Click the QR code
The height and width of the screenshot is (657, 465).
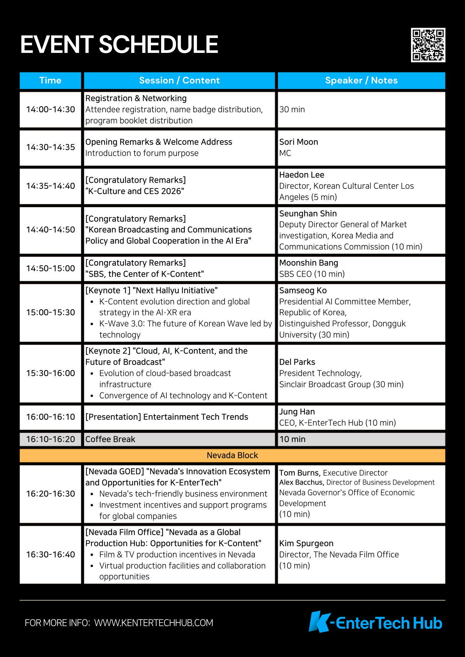428,45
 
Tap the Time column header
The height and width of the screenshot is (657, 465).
50,80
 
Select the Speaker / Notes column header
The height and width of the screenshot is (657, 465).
361,80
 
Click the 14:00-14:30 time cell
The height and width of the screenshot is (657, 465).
50,109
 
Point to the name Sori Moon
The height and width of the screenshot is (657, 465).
299,142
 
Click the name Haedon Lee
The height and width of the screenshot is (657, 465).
302,175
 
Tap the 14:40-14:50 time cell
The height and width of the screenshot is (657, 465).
50,230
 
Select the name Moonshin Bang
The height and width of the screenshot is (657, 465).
308,263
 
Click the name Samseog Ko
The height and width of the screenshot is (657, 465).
303,290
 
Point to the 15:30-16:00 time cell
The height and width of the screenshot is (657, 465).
50,373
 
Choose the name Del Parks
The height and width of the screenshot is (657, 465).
297,362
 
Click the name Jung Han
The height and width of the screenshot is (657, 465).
297,412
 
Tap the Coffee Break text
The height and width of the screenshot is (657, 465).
110,439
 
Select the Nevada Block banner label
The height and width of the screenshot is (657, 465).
232,455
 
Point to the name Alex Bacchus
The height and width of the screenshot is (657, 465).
301,482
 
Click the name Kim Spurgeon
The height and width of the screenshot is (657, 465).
306,543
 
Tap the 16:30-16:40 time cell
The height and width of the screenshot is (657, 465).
50,555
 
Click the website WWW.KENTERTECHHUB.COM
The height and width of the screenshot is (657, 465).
154,623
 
